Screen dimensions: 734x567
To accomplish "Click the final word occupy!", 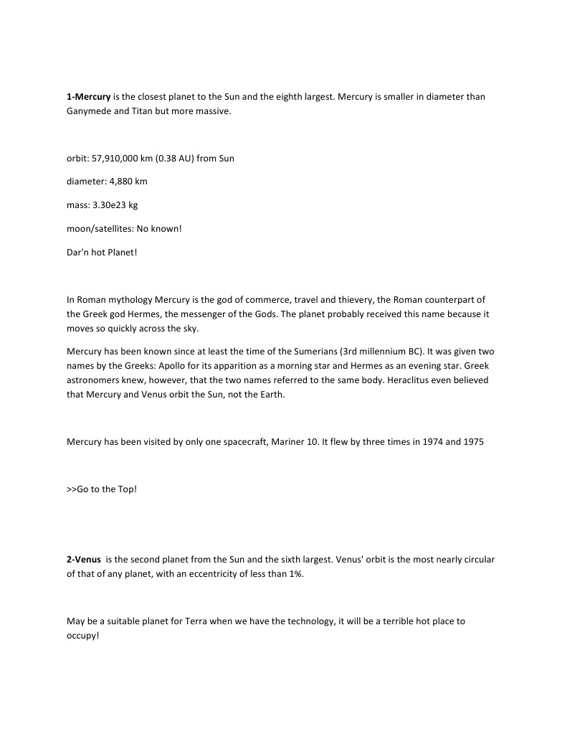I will pyautogui.click(x=82, y=636).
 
